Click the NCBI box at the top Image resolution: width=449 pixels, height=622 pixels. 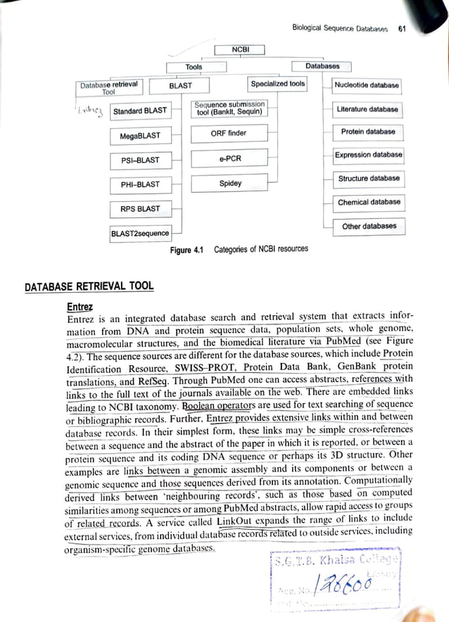pyautogui.click(x=238, y=49)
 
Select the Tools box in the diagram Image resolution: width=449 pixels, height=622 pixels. pyautogui.click(x=194, y=67)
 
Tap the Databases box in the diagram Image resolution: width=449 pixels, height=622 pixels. pyautogui.click(x=322, y=66)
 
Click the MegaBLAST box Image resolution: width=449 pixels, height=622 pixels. pyautogui.click(x=140, y=135)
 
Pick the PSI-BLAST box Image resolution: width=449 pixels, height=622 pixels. pyautogui.click(x=140, y=160)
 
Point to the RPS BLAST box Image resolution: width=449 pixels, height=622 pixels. pyautogui.click(x=140, y=208)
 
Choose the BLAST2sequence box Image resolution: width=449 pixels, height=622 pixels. pyautogui.click(x=140, y=233)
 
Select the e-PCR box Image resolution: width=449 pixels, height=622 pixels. pyautogui.click(x=229, y=158)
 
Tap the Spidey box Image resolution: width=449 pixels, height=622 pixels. pyautogui.click(x=229, y=183)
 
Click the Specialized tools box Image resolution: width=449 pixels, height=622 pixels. pyautogui.click(x=278, y=84)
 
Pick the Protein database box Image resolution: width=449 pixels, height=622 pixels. pyautogui.click(x=368, y=132)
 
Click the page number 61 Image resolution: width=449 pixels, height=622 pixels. pyautogui.click(x=402, y=29)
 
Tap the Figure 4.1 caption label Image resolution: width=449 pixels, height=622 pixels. pyautogui.click(x=186, y=249)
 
